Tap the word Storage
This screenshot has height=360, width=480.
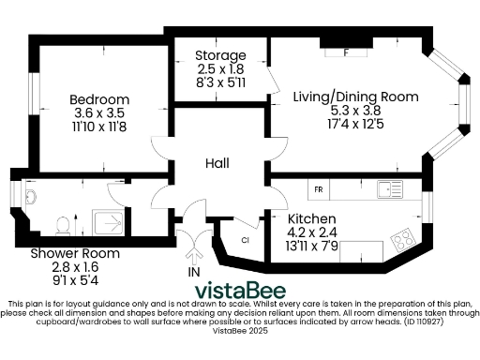(220, 56)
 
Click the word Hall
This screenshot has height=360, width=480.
(217, 163)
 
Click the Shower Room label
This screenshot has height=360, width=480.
(74, 253)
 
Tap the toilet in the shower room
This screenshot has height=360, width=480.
(64, 224)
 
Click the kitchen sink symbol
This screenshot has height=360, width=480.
(386, 190)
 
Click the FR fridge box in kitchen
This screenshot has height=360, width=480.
(319, 190)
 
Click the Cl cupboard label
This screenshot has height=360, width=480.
(245, 239)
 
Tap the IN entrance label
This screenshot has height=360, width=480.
(195, 272)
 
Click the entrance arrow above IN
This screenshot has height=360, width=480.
(195, 251)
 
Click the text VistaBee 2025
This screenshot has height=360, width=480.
(240, 331)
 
